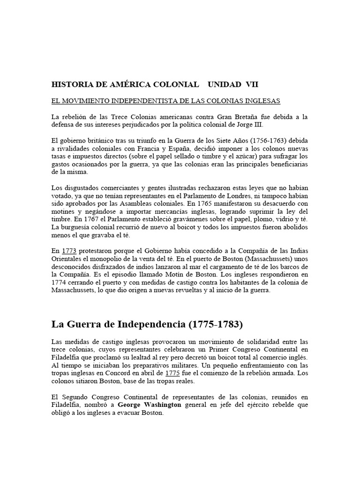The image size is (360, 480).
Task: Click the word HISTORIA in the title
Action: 71,85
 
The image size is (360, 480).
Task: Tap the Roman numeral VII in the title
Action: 251,85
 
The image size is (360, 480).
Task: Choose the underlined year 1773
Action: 70,251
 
